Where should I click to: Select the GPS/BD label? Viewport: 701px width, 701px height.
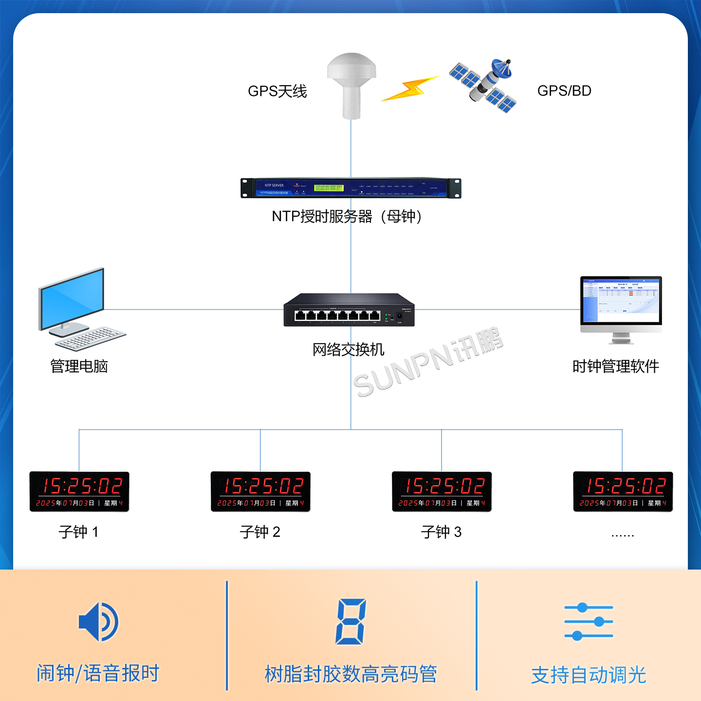pos(564,91)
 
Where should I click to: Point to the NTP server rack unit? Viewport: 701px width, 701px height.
pos(350,188)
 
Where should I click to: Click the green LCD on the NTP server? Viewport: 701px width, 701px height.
pos(329,187)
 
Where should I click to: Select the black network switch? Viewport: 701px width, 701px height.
pos(349,310)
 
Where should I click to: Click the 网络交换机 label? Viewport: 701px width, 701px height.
pos(348,350)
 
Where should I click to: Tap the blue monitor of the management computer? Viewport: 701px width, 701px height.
pos(73,298)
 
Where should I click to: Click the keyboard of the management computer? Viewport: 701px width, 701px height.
pos(91,338)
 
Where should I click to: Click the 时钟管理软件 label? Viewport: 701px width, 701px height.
pos(615,366)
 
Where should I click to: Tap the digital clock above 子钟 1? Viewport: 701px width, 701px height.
pos(79,491)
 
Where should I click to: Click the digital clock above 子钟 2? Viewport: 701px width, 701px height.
pos(260,491)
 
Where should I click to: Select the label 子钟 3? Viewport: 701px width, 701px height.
pos(441,532)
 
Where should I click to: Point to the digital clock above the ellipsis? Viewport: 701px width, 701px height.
pos(623,491)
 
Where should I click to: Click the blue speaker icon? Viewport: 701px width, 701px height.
pos(98,622)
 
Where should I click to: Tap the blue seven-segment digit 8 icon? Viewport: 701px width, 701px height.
pos(350,622)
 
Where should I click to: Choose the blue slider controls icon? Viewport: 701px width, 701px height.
pos(589,622)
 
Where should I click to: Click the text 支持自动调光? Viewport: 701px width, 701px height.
pos(589,675)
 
